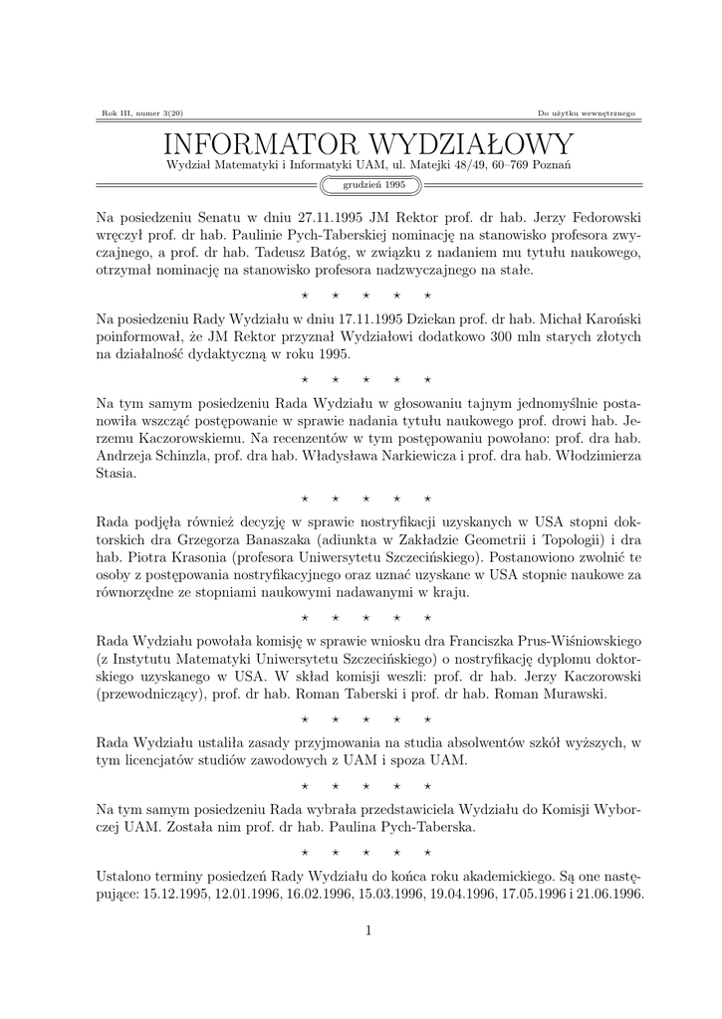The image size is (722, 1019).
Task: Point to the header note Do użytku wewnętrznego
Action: click(x=586, y=113)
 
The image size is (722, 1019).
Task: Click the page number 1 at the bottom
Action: click(x=367, y=930)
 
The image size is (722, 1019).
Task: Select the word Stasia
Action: click(x=117, y=475)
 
